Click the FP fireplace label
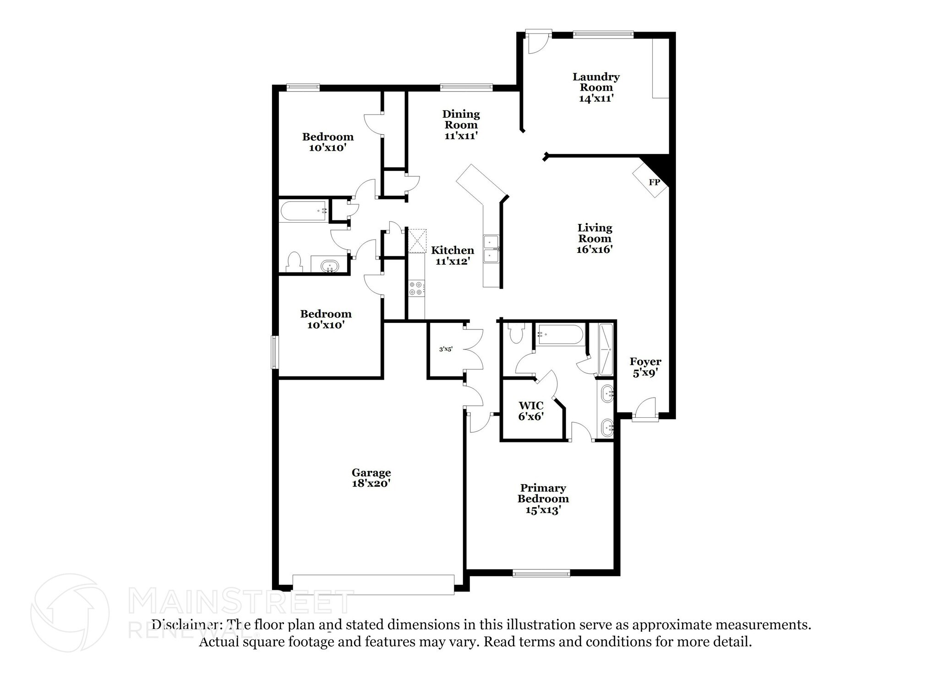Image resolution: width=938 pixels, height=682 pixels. [654, 182]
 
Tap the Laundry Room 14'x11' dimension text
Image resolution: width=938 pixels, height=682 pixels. [596, 98]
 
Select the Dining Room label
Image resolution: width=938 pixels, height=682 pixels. [461, 119]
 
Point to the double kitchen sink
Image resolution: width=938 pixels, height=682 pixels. [491, 249]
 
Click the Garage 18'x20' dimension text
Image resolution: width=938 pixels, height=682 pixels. [371, 483]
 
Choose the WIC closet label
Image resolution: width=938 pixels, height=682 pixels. [531, 405]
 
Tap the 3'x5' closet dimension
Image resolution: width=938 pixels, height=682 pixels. [446, 349]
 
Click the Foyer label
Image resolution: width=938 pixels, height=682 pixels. [645, 362]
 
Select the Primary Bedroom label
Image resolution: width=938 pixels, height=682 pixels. [543, 493]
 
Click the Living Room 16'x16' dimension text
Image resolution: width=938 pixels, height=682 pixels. [594, 250]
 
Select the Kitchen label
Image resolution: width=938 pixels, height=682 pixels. [453, 250]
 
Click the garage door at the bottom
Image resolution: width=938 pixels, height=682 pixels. [373, 585]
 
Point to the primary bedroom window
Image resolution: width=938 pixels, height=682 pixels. [541, 573]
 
